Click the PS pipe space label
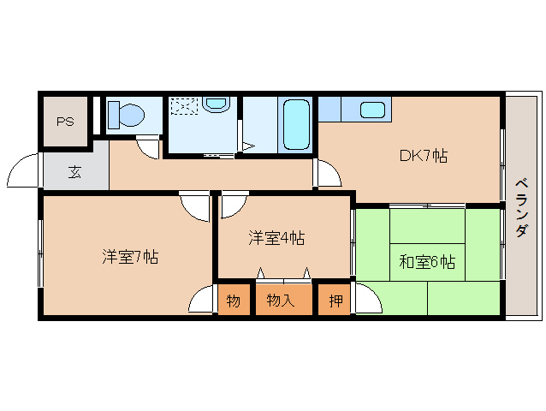point(65,122)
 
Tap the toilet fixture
point(126,114)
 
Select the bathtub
point(296,125)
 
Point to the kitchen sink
point(372,110)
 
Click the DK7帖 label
point(424,156)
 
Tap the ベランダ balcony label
point(521,207)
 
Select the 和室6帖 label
point(427,261)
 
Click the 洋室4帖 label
point(276,238)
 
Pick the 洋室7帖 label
point(130,257)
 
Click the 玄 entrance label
point(74,172)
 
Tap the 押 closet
point(335,300)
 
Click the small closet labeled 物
point(234,300)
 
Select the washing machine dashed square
point(184,106)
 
